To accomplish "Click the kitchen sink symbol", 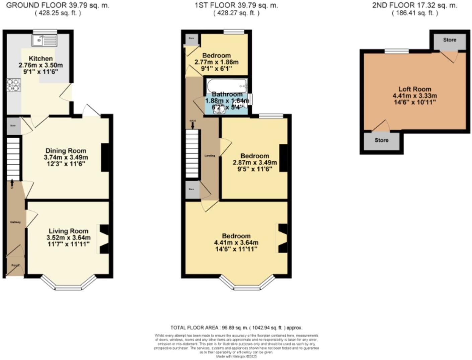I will coord(45,41).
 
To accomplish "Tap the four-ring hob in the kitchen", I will coord(14,85).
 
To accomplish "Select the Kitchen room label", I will coord(41,59).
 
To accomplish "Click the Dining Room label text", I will coord(66,151).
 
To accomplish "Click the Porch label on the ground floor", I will coord(15,265).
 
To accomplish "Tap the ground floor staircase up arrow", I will coord(12,183).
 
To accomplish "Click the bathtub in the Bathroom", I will coord(226,85).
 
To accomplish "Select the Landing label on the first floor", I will coord(210,156).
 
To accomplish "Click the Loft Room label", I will coord(414,89).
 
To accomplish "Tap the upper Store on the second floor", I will coord(449,40).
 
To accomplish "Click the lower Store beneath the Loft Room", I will coord(381,140).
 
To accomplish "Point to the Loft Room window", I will coord(396,51).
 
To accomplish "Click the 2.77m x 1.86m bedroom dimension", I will coord(216,62).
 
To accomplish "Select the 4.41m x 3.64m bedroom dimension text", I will coord(236,242).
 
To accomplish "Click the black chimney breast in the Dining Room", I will coord(105,157).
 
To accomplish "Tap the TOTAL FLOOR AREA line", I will coord(236,328).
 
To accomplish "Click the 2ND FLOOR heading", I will coord(414,5).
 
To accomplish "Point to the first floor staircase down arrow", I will coord(193,125).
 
